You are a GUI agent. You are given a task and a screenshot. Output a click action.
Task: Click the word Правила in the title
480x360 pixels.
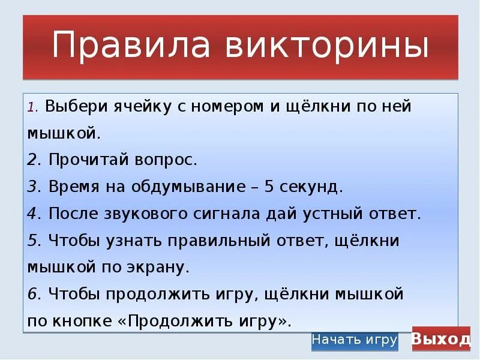coord(119,47)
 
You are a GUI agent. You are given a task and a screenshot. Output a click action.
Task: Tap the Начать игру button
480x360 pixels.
coord(355,340)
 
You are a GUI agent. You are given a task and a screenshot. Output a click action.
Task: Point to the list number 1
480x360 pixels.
coord(31,108)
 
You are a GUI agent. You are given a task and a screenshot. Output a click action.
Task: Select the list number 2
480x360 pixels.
coord(32,160)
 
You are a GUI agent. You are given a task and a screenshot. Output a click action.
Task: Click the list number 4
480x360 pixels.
coord(32,214)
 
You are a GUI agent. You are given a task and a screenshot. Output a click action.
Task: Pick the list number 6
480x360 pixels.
coord(32,295)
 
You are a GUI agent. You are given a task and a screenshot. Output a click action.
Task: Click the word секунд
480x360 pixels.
coord(314,187)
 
